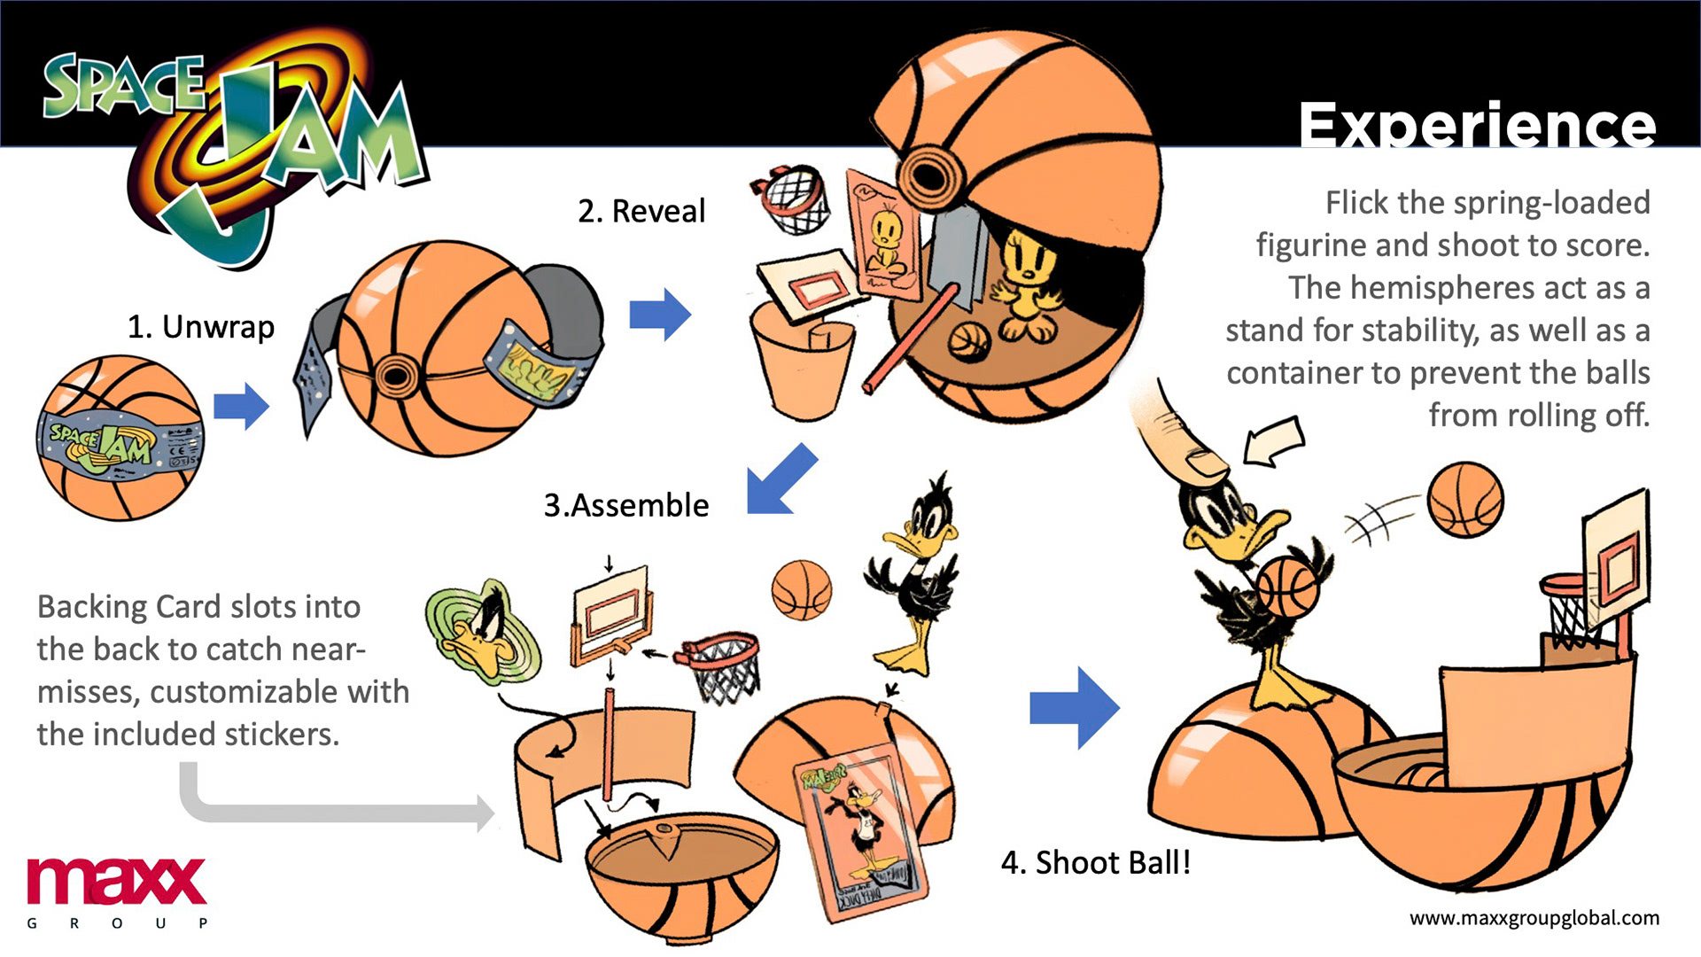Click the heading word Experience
coord(1477,125)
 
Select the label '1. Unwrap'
coord(201,327)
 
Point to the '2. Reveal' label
coord(641,211)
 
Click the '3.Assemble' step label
coord(626,505)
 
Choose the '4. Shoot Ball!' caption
coord(1096,862)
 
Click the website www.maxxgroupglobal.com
coord(1534,918)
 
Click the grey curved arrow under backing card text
coord(337,802)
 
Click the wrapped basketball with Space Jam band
coord(120,438)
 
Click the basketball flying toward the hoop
coord(1465,500)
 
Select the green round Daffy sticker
coord(483,632)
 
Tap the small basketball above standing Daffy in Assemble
coord(802,589)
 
